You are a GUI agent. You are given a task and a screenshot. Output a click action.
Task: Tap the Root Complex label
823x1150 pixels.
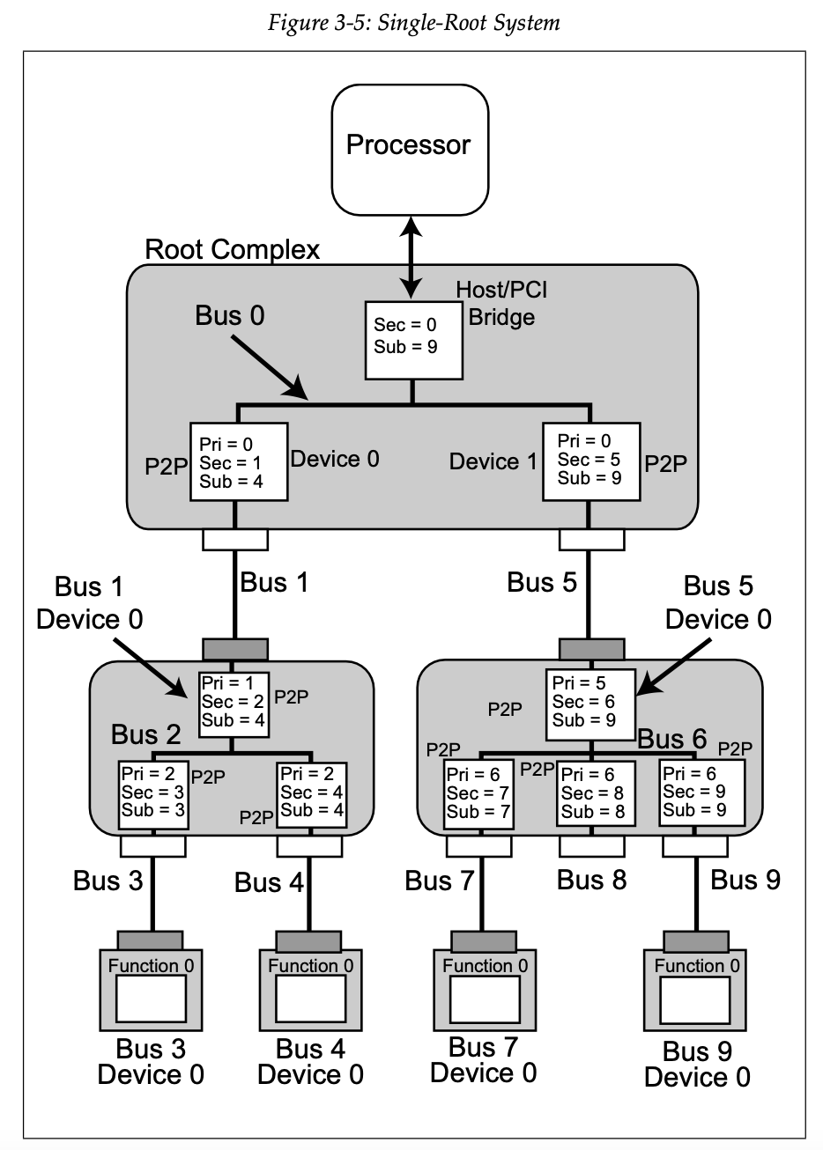(x=232, y=250)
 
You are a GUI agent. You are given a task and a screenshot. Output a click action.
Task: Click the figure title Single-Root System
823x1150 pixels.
(x=413, y=23)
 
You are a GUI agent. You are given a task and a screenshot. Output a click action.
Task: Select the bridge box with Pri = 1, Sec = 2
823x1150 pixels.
(x=234, y=702)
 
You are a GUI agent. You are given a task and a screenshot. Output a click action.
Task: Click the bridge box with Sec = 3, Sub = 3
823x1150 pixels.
(x=153, y=795)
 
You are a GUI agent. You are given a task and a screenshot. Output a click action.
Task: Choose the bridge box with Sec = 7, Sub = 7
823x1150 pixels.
(x=478, y=795)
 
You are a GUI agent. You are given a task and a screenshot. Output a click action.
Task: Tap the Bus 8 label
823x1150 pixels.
(x=592, y=880)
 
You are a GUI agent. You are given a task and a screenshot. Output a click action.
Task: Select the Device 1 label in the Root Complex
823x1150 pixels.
(x=492, y=461)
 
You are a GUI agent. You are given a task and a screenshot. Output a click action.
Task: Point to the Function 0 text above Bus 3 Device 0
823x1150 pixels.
(x=152, y=966)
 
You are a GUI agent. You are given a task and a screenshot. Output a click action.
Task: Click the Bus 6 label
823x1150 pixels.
(x=672, y=739)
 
